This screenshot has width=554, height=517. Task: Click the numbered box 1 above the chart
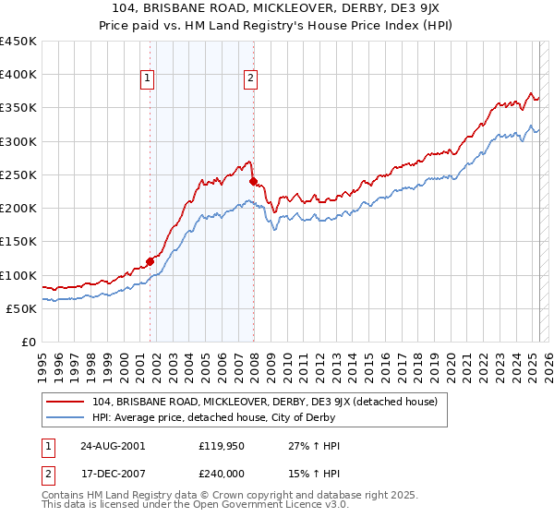[148, 79]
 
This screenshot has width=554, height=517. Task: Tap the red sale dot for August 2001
[150, 261]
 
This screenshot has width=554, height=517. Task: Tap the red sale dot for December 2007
[253, 182]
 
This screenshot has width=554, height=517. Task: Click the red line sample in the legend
[66, 402]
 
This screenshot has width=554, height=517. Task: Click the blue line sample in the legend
[66, 417]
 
